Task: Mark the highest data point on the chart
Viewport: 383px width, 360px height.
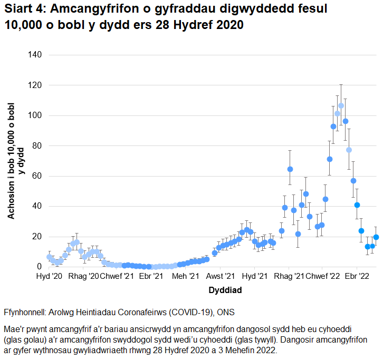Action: [x=341, y=105]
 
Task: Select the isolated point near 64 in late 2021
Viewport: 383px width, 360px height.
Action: [x=290, y=169]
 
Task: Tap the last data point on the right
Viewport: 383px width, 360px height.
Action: [x=376, y=237]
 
